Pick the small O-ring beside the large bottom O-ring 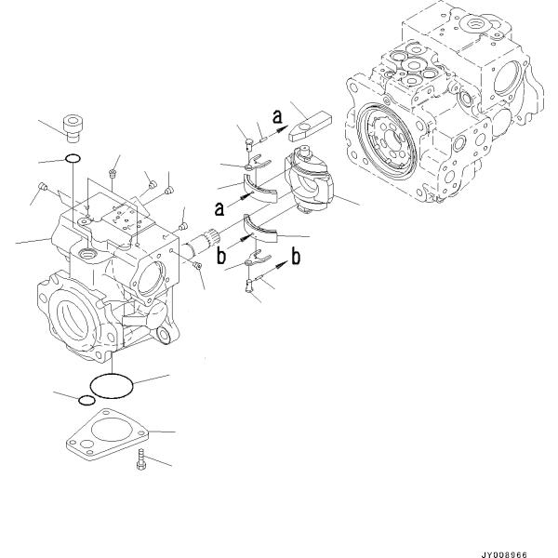(86, 400)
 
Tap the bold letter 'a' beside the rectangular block (276, 115)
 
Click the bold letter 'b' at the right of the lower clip (296, 258)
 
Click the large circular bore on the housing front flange (80, 321)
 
